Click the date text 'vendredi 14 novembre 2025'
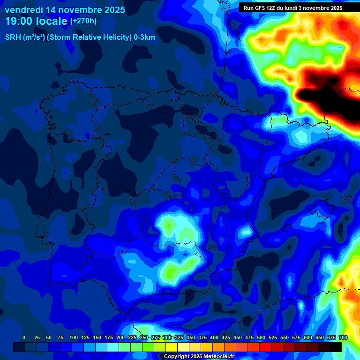coord(65,10)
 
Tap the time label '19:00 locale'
coord(36,21)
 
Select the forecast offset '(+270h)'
coord(83,21)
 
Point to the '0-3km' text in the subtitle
coord(144,37)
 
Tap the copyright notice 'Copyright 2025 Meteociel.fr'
coord(199,357)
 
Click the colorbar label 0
coord(24,337)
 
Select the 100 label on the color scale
coord(74,337)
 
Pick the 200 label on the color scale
coord(120,337)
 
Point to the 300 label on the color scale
coord(167,337)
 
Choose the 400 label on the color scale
coord(214,337)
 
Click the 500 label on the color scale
coord(261,337)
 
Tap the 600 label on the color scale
coord(308,337)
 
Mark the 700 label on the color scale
coord(343,337)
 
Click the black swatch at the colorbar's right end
coord(335,347)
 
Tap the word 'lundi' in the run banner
coord(292,8)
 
